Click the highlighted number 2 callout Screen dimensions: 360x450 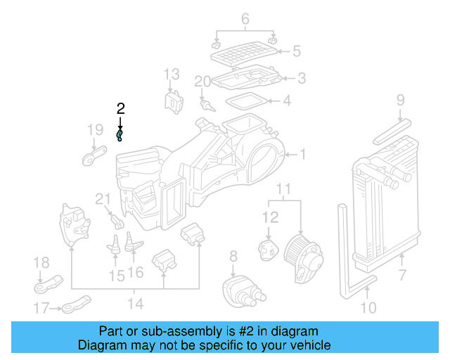tap(120, 108)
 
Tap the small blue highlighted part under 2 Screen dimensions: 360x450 tap(120, 134)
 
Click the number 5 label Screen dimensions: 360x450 tap(297, 51)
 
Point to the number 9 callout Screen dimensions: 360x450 tap(400, 100)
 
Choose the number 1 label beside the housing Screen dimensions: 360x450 tap(303, 154)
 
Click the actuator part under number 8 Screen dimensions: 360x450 tap(242, 290)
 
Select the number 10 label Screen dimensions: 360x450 tap(368, 307)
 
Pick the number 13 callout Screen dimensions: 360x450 tap(172, 74)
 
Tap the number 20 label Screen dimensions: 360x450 tap(202, 82)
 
